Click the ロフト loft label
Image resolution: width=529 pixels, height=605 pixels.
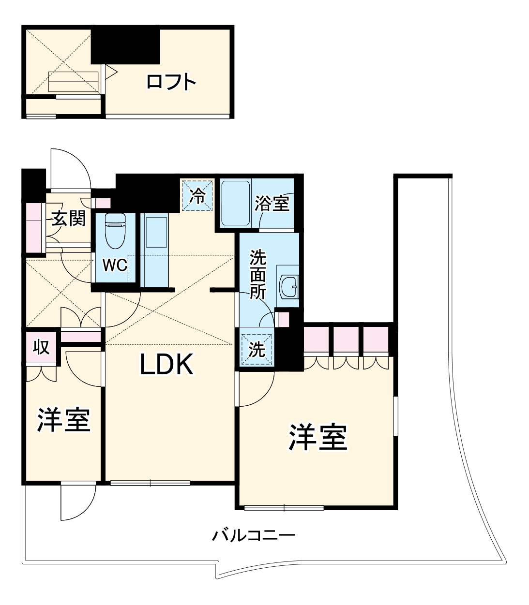[171, 81]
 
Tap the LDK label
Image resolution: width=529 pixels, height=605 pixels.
[167, 365]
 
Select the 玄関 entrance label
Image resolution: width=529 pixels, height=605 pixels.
[69, 219]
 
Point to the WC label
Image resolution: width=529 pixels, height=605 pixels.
[115, 265]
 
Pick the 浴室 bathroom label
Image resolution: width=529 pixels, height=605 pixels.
[274, 204]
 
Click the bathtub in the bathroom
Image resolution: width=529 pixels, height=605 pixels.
[235, 203]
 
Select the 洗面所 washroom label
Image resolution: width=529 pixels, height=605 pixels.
[258, 275]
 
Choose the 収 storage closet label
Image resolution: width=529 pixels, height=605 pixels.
[42, 347]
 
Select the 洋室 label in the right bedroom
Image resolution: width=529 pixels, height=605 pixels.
[318, 438]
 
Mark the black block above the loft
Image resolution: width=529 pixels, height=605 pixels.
[126, 45]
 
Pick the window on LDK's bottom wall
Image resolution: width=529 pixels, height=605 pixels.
[150, 483]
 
